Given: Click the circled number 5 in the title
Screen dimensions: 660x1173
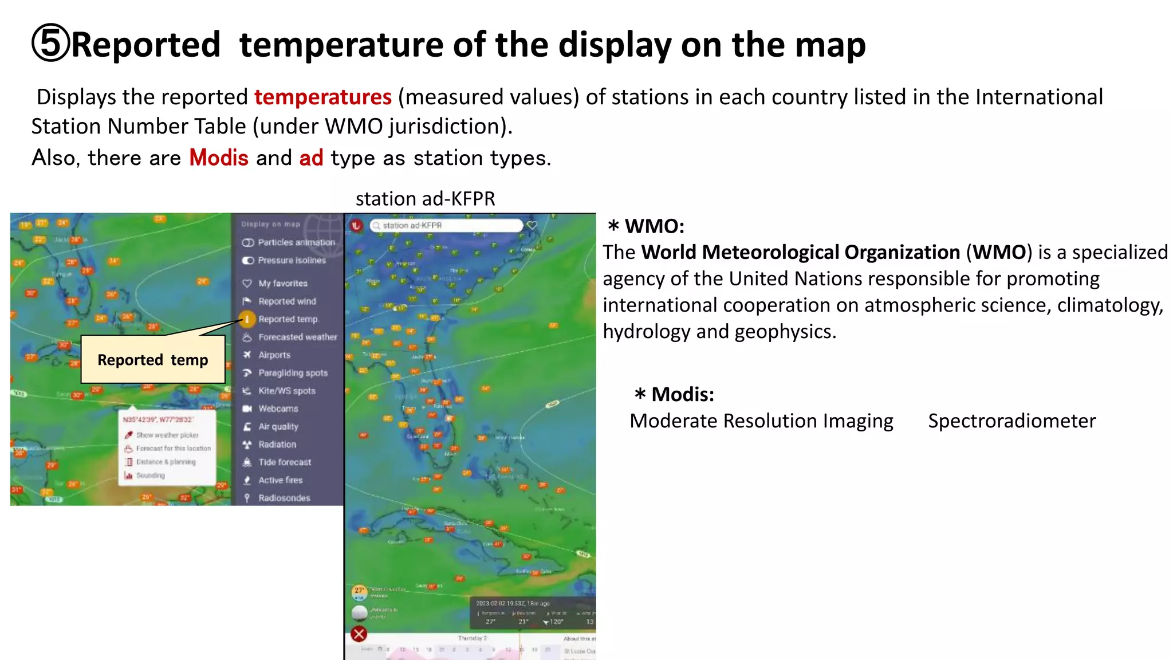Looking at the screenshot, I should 50,44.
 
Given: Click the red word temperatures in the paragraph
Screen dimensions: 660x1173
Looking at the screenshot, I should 322,97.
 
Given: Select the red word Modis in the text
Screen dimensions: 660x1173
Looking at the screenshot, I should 219,158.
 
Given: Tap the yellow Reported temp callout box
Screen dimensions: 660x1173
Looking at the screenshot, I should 153,360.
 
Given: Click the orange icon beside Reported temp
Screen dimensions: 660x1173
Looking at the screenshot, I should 247,319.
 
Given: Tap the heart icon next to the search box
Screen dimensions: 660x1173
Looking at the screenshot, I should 532,226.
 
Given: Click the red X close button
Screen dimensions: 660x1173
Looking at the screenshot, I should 359,634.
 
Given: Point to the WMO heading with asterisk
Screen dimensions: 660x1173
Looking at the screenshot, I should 645,226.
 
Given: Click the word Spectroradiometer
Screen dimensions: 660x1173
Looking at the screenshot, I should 1011,421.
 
